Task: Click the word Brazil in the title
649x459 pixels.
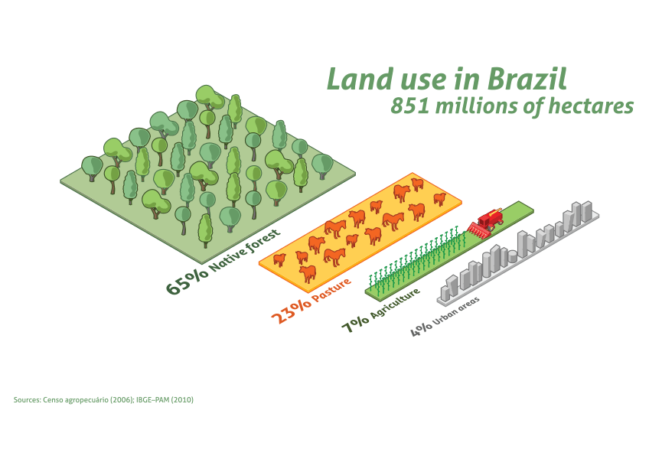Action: [x=527, y=79]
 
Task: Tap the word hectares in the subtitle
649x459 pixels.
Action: [x=591, y=106]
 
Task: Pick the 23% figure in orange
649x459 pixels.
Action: [x=291, y=311]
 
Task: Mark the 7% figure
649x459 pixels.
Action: [x=355, y=324]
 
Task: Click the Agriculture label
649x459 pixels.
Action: [x=395, y=303]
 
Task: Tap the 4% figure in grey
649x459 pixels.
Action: [x=422, y=330]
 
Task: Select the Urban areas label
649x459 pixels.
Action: [x=456, y=311]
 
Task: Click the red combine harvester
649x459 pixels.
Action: [x=485, y=224]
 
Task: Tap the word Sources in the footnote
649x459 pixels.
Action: [x=28, y=400]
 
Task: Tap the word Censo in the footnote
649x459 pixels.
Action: [x=53, y=400]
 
